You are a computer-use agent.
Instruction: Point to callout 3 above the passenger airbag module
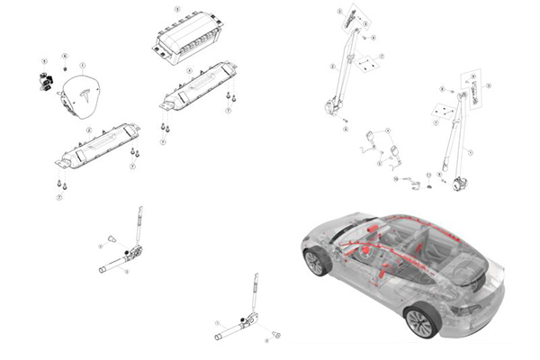[x=177, y=9]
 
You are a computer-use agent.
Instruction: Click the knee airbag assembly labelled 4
[x=197, y=85]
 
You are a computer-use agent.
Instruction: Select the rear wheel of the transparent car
[x=420, y=320]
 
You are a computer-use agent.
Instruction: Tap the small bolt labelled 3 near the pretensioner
[x=112, y=238]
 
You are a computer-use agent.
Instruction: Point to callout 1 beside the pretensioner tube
[x=217, y=322]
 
